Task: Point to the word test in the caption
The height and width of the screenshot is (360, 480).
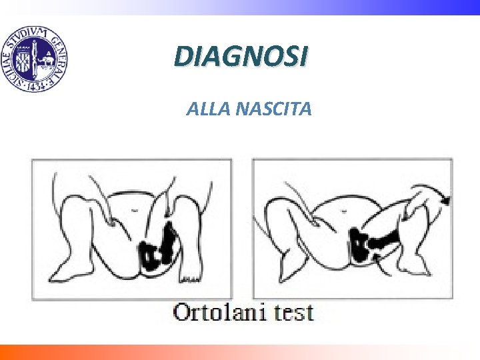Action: click(291, 313)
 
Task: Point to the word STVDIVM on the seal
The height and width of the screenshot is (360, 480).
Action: click(25, 36)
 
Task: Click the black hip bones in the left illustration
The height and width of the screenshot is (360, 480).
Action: click(157, 248)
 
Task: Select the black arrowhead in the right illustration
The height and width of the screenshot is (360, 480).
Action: click(445, 198)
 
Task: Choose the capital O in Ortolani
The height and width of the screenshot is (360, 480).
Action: click(182, 312)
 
